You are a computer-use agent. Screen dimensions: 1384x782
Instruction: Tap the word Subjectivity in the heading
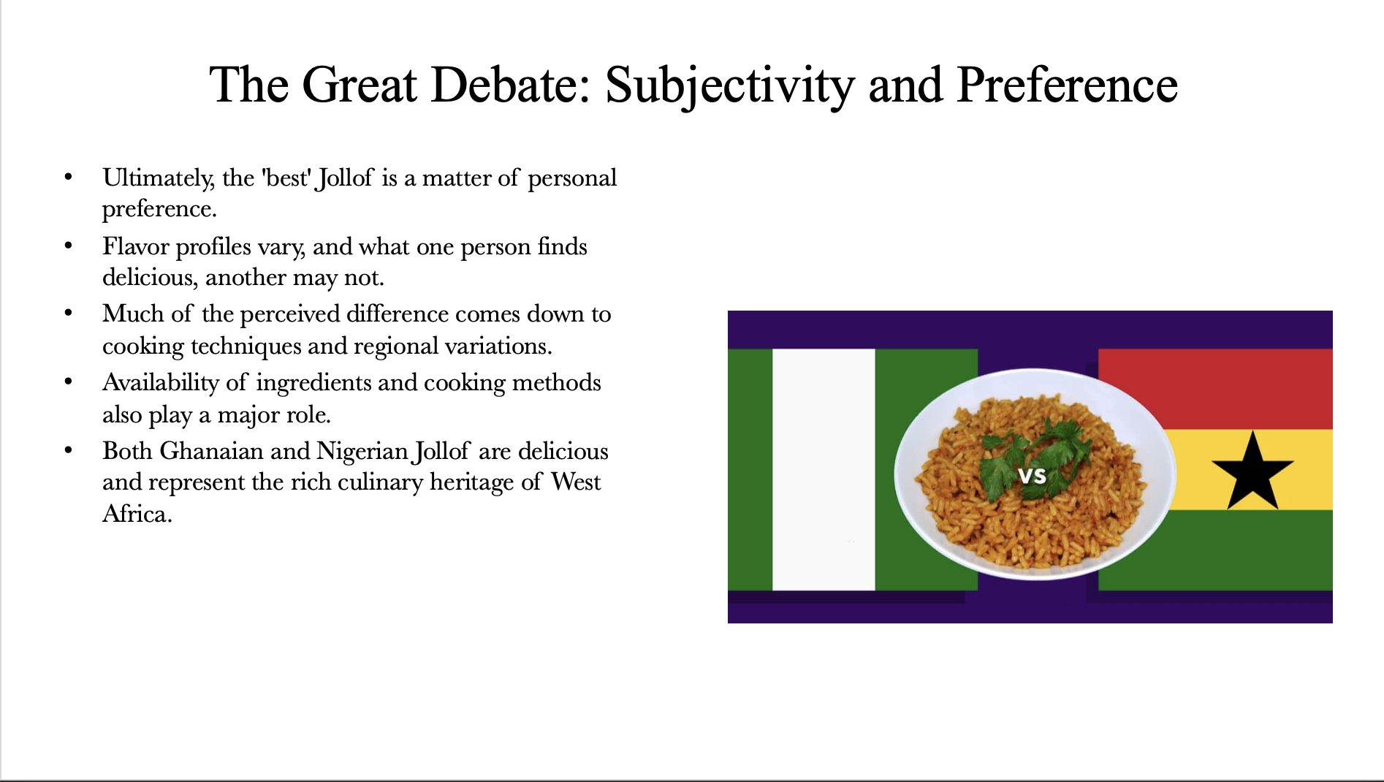coord(730,86)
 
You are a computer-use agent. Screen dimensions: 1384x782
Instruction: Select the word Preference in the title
coord(1067,84)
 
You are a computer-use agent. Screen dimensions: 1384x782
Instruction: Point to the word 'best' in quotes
coord(289,178)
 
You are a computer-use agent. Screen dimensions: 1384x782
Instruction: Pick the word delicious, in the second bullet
coord(150,278)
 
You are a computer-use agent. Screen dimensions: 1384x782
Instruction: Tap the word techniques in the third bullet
coord(246,346)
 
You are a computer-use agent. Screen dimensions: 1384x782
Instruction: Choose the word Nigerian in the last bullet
coord(362,452)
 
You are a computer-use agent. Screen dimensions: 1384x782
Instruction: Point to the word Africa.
coord(137,514)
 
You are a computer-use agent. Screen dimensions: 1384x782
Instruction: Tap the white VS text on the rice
coord(1033,477)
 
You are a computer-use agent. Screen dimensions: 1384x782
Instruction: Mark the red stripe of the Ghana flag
coord(1215,389)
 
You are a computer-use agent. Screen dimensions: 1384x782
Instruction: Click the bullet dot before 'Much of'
coord(69,314)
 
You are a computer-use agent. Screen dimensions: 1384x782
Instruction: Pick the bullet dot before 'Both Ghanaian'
coord(69,451)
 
